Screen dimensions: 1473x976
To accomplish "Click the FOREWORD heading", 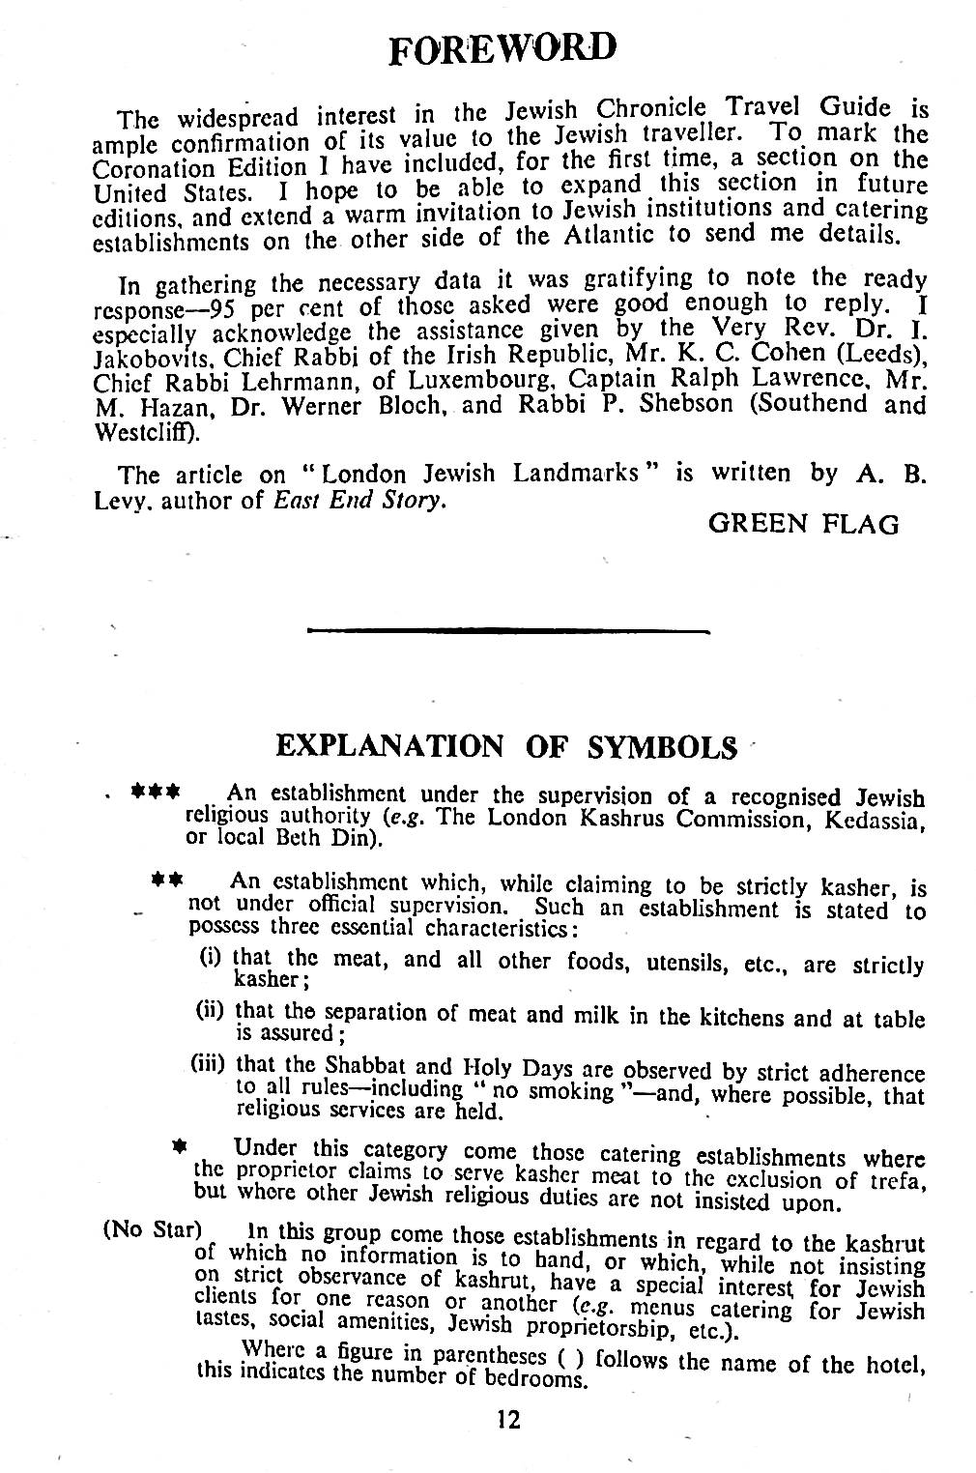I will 501,45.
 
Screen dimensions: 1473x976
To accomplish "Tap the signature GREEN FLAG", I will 803,525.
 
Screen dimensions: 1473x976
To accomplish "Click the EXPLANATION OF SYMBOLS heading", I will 500,747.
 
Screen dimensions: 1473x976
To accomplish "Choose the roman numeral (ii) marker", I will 212,1011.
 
